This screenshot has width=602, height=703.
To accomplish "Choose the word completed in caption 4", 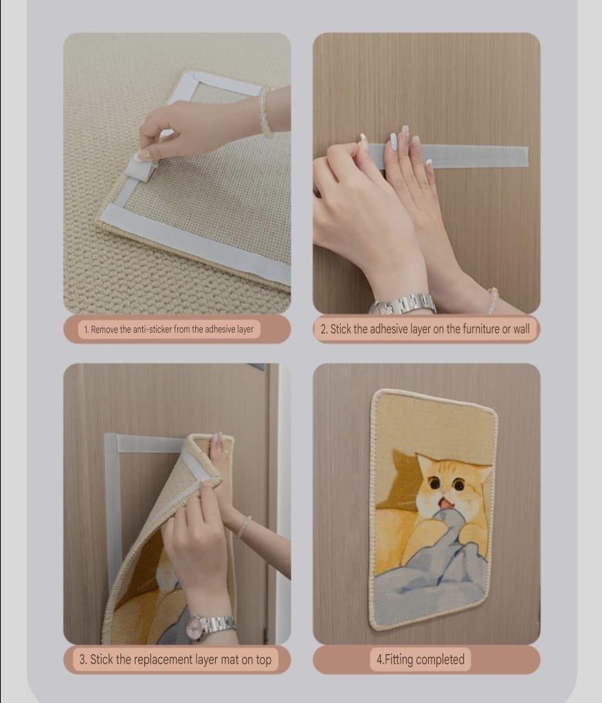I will point(441,660).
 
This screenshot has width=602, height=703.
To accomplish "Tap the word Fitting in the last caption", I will point(399,660).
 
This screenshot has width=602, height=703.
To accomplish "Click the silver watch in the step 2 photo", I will point(404,303).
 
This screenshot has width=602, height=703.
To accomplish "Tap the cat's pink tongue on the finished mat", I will point(447,504).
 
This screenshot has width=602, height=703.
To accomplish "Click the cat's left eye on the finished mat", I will point(434,484).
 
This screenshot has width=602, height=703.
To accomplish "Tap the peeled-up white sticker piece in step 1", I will point(142,168).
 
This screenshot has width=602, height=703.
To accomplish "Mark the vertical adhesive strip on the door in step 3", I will point(111,509).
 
